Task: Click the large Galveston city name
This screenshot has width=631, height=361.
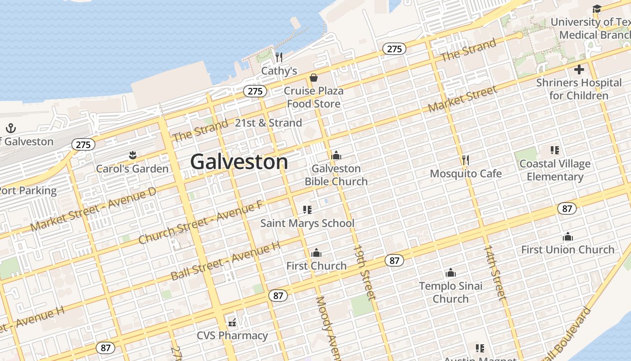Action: click(x=239, y=162)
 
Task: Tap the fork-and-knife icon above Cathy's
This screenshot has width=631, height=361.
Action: click(x=279, y=57)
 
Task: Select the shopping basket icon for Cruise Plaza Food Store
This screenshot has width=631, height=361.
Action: click(x=313, y=78)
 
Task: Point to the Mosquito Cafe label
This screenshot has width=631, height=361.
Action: click(x=466, y=174)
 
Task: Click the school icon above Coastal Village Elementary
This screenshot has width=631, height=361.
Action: click(x=555, y=150)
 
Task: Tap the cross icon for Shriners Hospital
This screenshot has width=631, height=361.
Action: click(x=579, y=69)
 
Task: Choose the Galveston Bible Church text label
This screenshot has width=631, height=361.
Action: click(x=336, y=175)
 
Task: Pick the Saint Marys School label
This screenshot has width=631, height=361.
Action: click(x=307, y=223)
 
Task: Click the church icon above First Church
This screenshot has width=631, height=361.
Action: click(x=316, y=253)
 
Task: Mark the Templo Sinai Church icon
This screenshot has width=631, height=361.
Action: click(x=450, y=273)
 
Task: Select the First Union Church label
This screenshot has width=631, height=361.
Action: click(x=567, y=250)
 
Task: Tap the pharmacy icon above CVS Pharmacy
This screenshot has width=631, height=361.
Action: click(x=232, y=322)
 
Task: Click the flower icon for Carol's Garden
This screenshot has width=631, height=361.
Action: click(x=132, y=156)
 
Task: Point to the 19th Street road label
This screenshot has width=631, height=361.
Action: click(x=364, y=272)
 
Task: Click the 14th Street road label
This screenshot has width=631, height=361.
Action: click(x=495, y=272)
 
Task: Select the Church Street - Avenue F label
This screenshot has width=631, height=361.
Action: click(x=201, y=222)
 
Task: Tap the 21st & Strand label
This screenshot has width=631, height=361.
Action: click(x=268, y=123)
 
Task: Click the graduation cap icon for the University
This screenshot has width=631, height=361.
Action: click(x=597, y=9)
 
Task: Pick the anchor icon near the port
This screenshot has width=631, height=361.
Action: click(x=11, y=128)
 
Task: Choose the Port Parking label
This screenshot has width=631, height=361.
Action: click(x=28, y=190)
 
